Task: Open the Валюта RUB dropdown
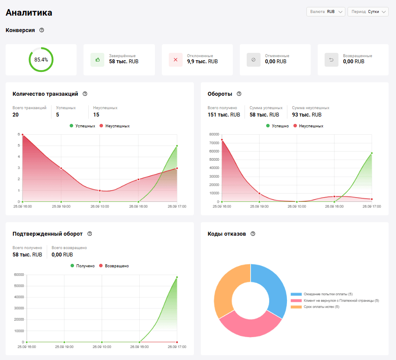(325, 12)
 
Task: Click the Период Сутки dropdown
(367, 12)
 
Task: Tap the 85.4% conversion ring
(41, 60)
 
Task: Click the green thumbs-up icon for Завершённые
(97, 60)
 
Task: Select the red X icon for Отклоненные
(175, 60)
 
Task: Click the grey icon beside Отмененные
(254, 60)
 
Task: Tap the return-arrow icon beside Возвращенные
(332, 60)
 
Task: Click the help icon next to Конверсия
(42, 30)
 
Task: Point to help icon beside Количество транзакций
(85, 94)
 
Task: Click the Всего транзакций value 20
(16, 115)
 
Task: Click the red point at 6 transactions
(23, 135)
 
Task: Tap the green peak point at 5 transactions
(177, 146)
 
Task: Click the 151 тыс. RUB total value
(224, 115)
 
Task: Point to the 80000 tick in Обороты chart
(214, 135)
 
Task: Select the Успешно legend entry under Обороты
(277, 126)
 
